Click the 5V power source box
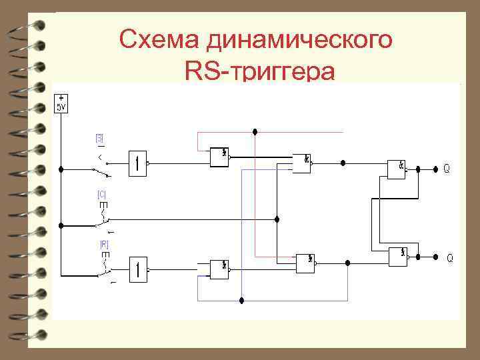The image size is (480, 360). [61, 104]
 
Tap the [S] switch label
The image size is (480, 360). [99, 139]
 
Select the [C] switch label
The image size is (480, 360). [102, 195]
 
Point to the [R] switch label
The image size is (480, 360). [104, 245]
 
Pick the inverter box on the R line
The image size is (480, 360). [139, 267]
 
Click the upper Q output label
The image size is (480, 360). [447, 169]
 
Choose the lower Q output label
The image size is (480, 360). [449, 257]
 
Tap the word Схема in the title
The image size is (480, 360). [160, 40]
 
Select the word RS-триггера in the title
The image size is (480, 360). [257, 71]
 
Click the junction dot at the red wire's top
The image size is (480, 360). [255, 131]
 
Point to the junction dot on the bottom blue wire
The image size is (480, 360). [242, 301]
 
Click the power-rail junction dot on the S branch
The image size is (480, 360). [61, 169]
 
